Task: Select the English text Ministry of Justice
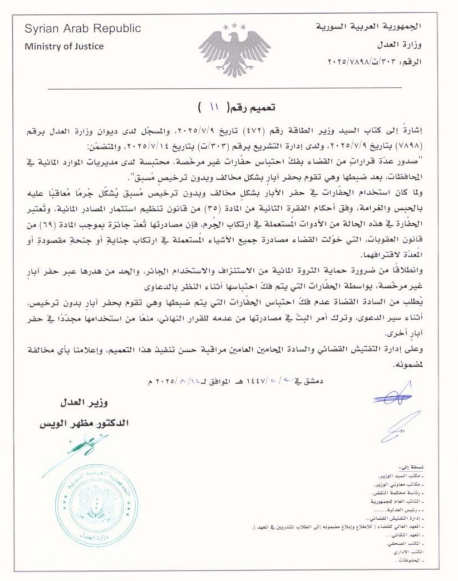(x=64, y=46)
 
